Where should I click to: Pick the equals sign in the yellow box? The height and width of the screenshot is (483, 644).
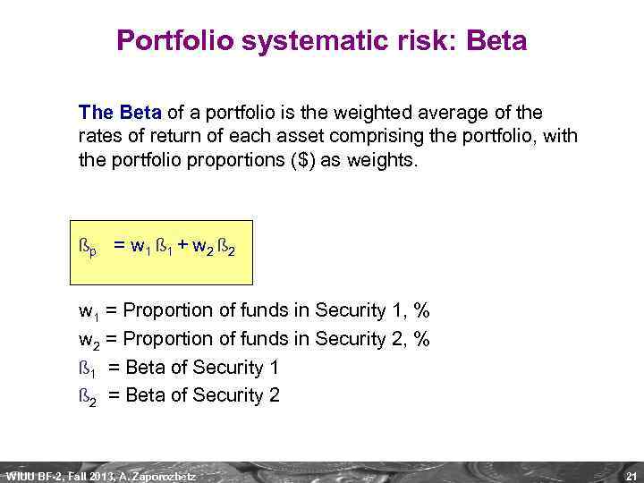click(x=118, y=245)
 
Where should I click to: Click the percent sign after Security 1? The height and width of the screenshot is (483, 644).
click(x=422, y=311)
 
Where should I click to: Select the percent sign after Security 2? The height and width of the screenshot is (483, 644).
click(x=422, y=339)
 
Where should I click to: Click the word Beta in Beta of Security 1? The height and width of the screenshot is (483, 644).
click(x=147, y=368)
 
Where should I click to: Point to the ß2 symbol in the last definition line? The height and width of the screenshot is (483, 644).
click(x=88, y=396)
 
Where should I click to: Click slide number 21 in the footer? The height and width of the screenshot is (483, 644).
click(x=631, y=474)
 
